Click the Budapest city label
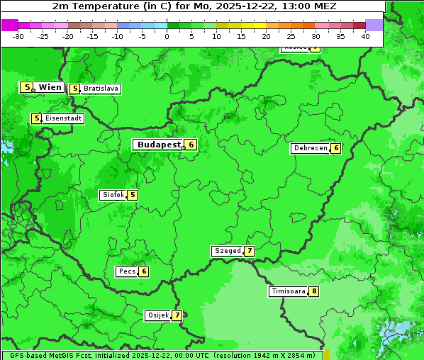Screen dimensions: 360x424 (158, 145)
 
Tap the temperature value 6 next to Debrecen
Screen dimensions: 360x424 (336, 148)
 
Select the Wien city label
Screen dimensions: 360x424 (50, 87)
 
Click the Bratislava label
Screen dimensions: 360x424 (101, 89)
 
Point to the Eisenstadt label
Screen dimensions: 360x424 (63, 118)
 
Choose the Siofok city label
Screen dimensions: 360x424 (113, 195)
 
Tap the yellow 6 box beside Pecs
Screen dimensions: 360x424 (144, 271)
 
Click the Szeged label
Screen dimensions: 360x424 (228, 251)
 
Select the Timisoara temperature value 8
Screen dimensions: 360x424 (313, 291)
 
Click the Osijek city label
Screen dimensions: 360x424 (157, 315)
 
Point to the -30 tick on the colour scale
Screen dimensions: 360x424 (18, 35)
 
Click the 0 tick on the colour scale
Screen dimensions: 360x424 (167, 35)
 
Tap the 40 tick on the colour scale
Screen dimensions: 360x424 (365, 35)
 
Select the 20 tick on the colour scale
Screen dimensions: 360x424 (266, 35)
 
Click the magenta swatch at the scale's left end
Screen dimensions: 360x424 (9, 25)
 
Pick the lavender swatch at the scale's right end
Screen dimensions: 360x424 (374, 25)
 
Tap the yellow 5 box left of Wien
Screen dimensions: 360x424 (27, 87)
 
